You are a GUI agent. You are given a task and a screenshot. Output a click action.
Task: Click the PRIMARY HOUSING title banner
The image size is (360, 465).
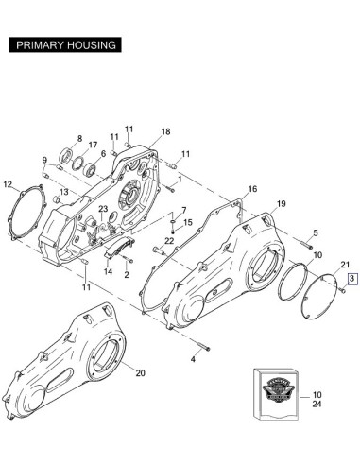point(65,45)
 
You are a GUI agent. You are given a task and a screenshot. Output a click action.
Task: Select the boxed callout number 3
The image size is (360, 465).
point(352,279)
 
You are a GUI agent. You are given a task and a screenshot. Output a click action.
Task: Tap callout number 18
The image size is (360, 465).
point(165,131)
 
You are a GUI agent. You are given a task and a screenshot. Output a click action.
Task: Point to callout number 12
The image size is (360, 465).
point(8,184)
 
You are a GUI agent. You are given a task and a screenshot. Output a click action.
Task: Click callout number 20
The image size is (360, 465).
point(141,373)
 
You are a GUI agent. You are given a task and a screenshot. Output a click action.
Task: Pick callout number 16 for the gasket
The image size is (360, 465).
point(252,189)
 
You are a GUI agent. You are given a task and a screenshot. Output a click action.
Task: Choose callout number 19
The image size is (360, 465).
point(282,204)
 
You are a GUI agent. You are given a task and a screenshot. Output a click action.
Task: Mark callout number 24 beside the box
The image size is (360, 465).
point(317,404)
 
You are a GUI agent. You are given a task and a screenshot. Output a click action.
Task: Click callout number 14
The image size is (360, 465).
point(108,271)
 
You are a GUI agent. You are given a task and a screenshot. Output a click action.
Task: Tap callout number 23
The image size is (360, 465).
point(103,209)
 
